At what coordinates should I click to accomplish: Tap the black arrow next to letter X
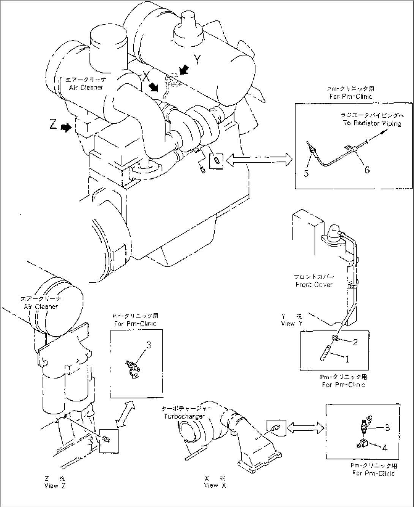click(154, 87)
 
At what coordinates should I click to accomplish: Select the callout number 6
click(367, 170)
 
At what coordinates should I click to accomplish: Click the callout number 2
click(355, 342)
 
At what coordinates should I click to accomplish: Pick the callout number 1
click(347, 358)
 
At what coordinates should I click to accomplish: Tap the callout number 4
click(385, 448)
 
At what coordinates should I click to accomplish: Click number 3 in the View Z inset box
click(149, 345)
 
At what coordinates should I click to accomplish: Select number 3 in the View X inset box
click(387, 428)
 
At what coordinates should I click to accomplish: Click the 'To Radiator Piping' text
click(372, 123)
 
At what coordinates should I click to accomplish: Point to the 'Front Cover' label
click(314, 285)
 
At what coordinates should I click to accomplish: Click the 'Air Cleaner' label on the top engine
click(86, 87)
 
